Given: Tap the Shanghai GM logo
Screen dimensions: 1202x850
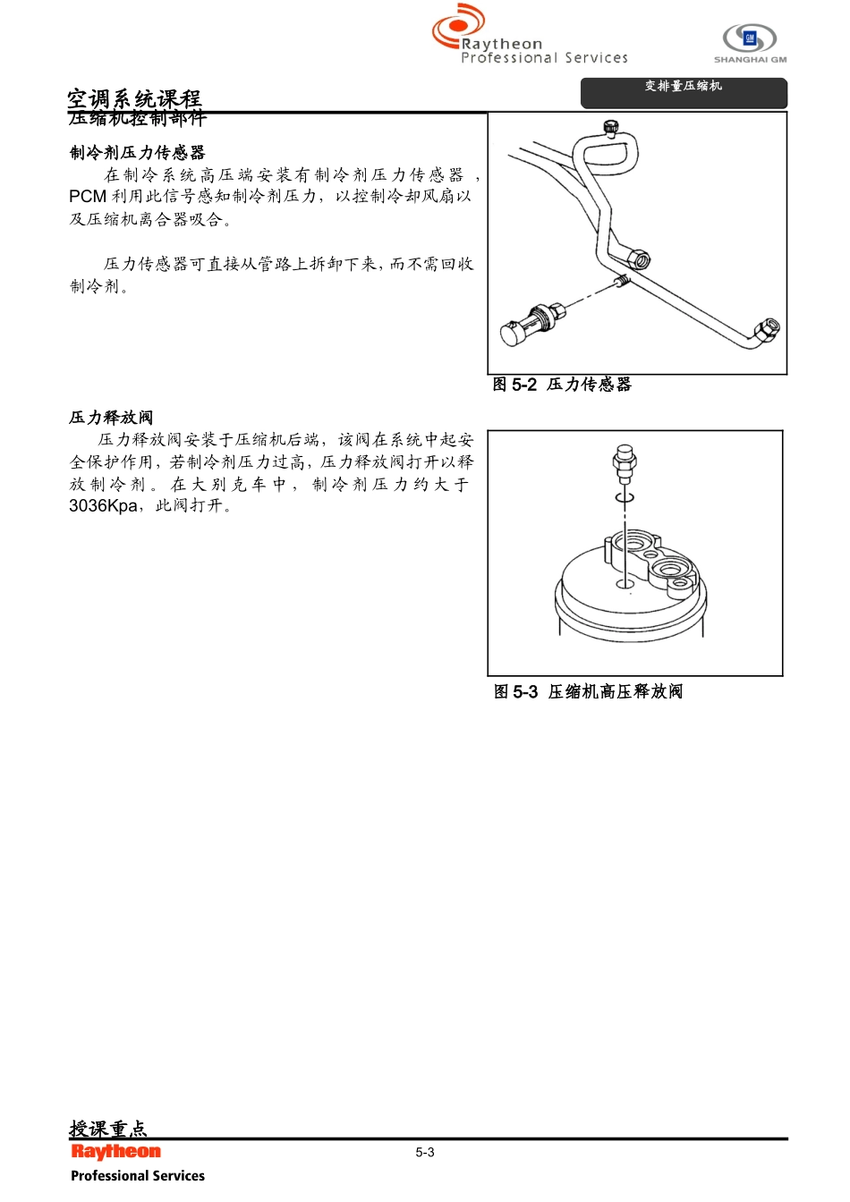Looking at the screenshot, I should point(750,42).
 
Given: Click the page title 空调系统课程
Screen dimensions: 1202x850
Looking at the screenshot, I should point(134,98).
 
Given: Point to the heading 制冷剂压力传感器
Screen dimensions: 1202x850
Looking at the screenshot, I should point(138,153).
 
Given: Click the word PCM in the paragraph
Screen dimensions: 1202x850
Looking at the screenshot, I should point(88,197).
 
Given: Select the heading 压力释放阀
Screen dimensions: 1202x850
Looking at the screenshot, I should point(111,418).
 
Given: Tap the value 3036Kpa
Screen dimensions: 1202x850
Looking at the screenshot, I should point(103,506).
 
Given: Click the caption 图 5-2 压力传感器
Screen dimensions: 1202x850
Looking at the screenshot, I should point(562,385).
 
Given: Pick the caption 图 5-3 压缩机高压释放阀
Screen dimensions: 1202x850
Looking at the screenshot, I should point(588,691).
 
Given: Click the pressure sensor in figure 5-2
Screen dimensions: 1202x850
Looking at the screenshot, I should point(530,324).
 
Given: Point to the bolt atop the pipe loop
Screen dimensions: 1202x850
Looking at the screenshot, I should point(611,127).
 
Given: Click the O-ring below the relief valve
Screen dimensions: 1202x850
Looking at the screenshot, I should point(625,496).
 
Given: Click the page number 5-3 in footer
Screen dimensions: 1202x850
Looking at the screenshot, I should point(425,1153).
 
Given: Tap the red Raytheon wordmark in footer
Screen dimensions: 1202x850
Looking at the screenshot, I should point(116,1152).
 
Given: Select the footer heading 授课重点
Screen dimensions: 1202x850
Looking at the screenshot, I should point(107,1129).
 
